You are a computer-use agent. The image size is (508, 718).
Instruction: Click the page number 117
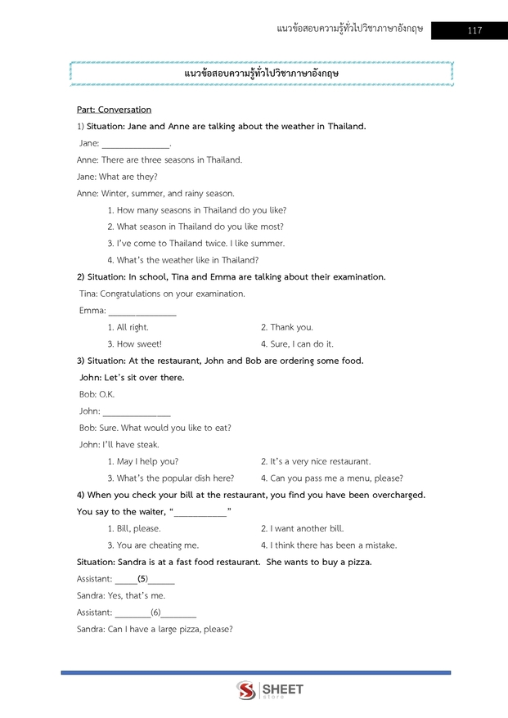[474, 31]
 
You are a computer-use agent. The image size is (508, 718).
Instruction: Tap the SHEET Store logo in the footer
[270, 690]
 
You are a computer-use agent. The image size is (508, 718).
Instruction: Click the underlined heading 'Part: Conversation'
[114, 110]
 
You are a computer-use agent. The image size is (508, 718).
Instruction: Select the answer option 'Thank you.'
[286, 327]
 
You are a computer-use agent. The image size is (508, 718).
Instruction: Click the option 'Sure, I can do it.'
[297, 344]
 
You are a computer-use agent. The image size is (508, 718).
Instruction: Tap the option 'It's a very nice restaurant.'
[315, 461]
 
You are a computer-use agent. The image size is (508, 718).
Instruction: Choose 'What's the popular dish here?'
[170, 478]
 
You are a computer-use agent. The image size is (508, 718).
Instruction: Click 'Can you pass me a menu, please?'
[331, 478]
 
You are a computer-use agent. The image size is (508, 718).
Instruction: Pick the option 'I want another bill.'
[302, 528]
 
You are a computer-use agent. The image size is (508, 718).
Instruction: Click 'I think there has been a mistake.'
[328, 545]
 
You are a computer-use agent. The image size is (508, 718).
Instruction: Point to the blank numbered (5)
[144, 579]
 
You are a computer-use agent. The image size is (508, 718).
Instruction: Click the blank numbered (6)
[155, 613]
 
